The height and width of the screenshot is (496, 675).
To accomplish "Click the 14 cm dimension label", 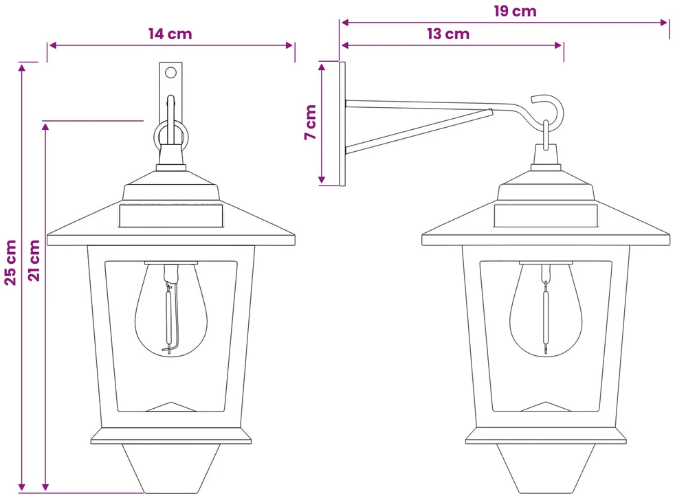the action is tap(170, 34).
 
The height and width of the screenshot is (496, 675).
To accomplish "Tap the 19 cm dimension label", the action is tap(516, 11).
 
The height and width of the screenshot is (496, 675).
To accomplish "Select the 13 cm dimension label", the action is tap(448, 34).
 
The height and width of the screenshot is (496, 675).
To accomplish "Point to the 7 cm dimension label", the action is tap(311, 122).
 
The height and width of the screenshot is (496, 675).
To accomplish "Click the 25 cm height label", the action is tap(10, 262).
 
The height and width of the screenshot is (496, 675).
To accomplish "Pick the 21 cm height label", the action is tap(34, 260).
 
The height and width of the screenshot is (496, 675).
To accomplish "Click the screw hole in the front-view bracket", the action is tap(171, 72).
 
